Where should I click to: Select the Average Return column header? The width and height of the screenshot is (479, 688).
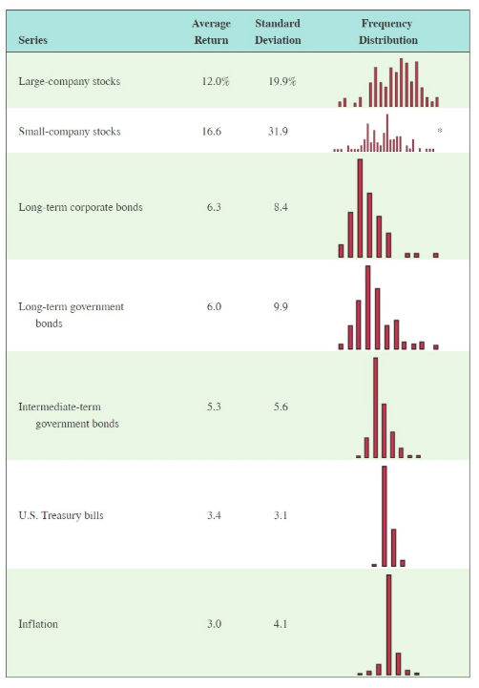[211, 31]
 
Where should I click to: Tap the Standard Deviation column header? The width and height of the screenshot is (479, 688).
[278, 31]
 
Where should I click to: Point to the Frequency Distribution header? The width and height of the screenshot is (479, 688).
[387, 31]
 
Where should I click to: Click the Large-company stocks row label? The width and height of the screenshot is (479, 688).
[69, 82]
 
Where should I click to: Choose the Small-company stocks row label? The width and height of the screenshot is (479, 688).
[70, 132]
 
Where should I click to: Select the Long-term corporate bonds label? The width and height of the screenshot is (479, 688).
[80, 207]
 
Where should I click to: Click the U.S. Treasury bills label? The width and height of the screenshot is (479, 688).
[61, 516]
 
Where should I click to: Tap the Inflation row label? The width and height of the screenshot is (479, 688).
[38, 624]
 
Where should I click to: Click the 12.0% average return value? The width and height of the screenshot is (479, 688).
[216, 82]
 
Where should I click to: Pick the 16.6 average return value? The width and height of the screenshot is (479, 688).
[212, 132]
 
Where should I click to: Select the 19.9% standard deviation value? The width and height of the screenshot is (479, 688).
[281, 82]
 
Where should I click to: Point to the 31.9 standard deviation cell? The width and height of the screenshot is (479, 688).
[279, 132]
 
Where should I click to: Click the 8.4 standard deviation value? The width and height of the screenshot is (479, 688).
[280, 207]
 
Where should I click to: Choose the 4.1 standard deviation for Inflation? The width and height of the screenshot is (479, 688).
[280, 624]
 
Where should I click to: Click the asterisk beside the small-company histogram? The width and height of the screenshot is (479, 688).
[439, 130]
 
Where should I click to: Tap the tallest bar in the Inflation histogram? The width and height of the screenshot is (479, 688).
[388, 624]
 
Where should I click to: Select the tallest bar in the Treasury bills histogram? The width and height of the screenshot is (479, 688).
[385, 516]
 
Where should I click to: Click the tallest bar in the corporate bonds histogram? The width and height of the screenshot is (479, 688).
[360, 208]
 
